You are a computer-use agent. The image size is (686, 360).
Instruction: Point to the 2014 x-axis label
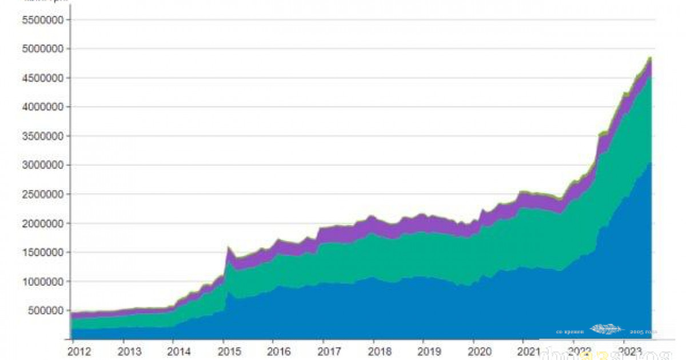tap(180, 351)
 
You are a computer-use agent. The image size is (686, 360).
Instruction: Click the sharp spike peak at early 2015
tap(229, 247)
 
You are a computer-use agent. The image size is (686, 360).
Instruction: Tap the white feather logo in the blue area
tap(607, 329)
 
